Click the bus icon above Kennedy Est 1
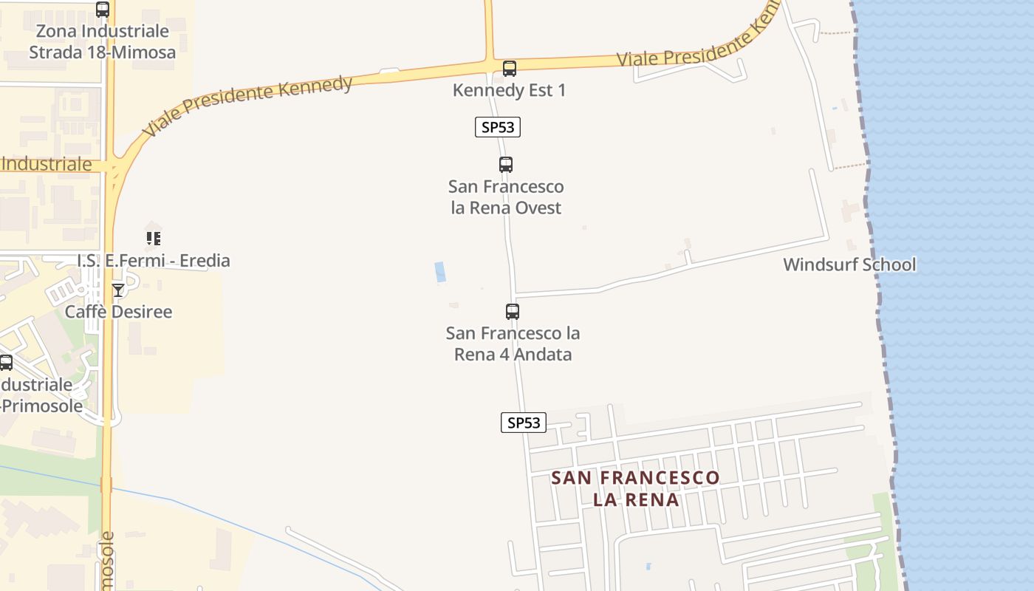click(x=509, y=69)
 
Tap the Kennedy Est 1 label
click(x=509, y=90)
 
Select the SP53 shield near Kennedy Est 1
click(x=498, y=127)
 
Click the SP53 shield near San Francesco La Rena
click(x=524, y=423)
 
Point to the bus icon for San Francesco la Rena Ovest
click(x=506, y=165)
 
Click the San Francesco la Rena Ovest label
click(x=506, y=197)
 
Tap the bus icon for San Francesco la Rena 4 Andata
click(x=513, y=312)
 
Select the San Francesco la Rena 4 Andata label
click(x=513, y=344)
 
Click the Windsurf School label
click(x=849, y=264)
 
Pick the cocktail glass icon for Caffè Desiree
click(x=118, y=290)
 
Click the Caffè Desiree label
click(x=118, y=312)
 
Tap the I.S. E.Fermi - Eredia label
click(x=154, y=260)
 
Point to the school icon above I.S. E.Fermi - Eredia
click(x=154, y=239)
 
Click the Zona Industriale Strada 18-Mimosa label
click(x=102, y=42)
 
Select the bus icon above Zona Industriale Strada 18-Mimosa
click(x=103, y=10)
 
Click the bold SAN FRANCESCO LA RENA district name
click(x=635, y=488)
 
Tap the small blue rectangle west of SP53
click(x=440, y=272)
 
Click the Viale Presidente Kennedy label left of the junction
click(x=247, y=105)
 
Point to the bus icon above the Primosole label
click(x=6, y=363)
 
